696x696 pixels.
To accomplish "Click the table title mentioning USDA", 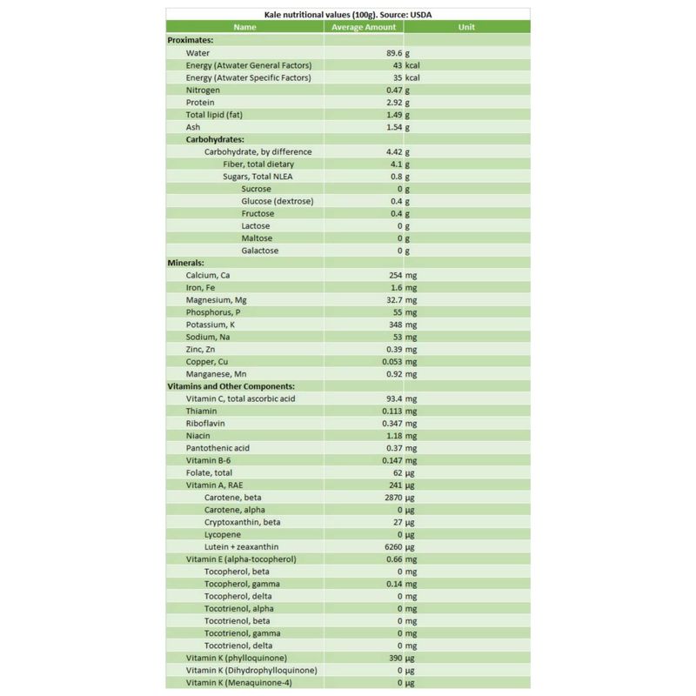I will [x=348, y=15].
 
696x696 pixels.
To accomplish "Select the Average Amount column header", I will [x=364, y=27].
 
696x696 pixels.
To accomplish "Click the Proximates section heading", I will [x=191, y=40].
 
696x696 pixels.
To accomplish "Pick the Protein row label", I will [x=200, y=103].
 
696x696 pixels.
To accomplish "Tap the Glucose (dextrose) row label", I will [x=278, y=201].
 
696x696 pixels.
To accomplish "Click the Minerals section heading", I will [x=185, y=263].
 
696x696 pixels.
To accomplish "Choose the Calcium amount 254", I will [x=393, y=275].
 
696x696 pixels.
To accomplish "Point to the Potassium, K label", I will [x=211, y=325].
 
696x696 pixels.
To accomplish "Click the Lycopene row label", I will [x=224, y=534].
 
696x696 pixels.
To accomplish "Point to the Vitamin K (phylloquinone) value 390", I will [x=393, y=658].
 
